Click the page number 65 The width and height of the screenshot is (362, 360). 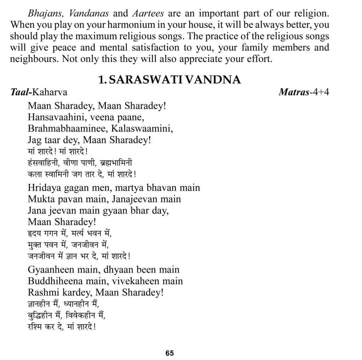point(169,353)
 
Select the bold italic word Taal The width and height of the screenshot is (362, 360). point(20,92)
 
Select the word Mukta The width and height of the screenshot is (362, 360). point(38,199)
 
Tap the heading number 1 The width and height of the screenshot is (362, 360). point(101,80)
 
